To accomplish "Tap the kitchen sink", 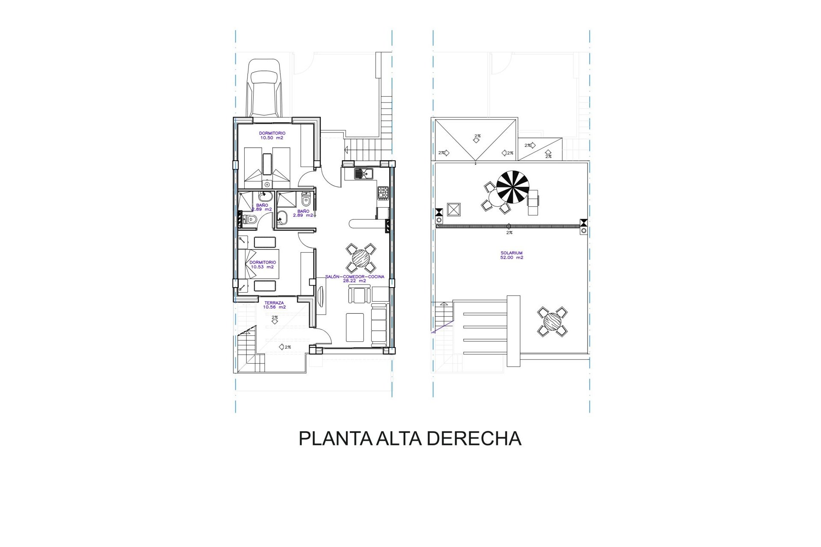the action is point(363,174).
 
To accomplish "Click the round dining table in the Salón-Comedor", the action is point(362,258).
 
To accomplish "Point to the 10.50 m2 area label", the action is point(272,138).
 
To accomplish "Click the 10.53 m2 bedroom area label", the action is point(263,267).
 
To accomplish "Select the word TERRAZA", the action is point(274,303).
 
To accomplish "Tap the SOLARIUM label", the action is point(511,253).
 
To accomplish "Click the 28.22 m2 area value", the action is point(354,281).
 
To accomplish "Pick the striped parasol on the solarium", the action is point(513,187).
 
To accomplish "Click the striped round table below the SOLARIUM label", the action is point(552,321).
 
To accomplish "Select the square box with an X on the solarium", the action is point(453,210).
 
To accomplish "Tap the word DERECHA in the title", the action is point(474,438).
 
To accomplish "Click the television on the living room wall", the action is point(322,297).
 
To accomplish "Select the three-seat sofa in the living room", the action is point(378,325).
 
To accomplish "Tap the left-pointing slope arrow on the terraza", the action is point(285,347).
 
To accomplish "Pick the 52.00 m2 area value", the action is point(512,258).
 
